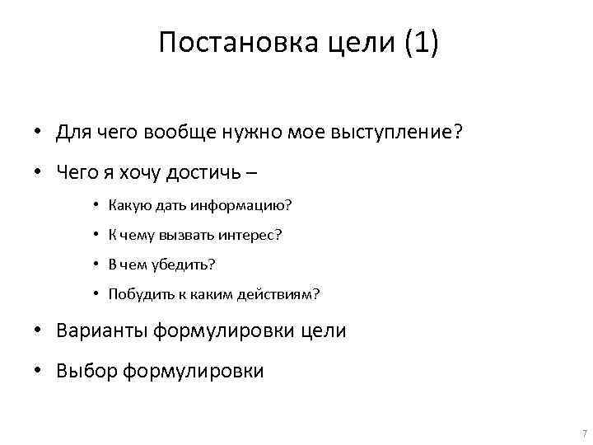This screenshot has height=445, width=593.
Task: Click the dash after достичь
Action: (x=250, y=173)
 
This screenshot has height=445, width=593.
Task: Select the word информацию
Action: (x=245, y=205)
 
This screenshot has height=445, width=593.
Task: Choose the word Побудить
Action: (x=136, y=294)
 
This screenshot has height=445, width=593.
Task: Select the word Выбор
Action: (x=86, y=372)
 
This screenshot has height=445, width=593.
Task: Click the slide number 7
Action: (x=583, y=433)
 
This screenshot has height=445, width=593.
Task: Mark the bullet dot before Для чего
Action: (x=39, y=133)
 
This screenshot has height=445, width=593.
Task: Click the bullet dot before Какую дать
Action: (x=96, y=205)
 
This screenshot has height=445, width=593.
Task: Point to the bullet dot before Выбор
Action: (x=39, y=372)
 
